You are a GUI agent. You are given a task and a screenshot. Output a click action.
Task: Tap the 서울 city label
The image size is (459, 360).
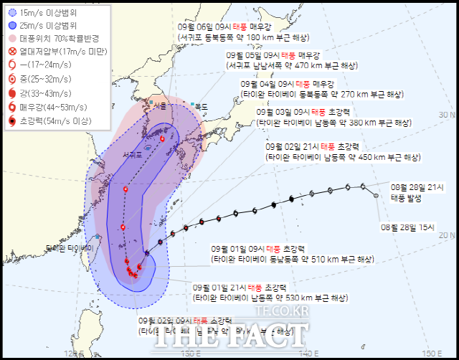tap(160, 107)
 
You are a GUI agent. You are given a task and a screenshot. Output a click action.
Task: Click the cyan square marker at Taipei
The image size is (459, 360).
tap(97, 236)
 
